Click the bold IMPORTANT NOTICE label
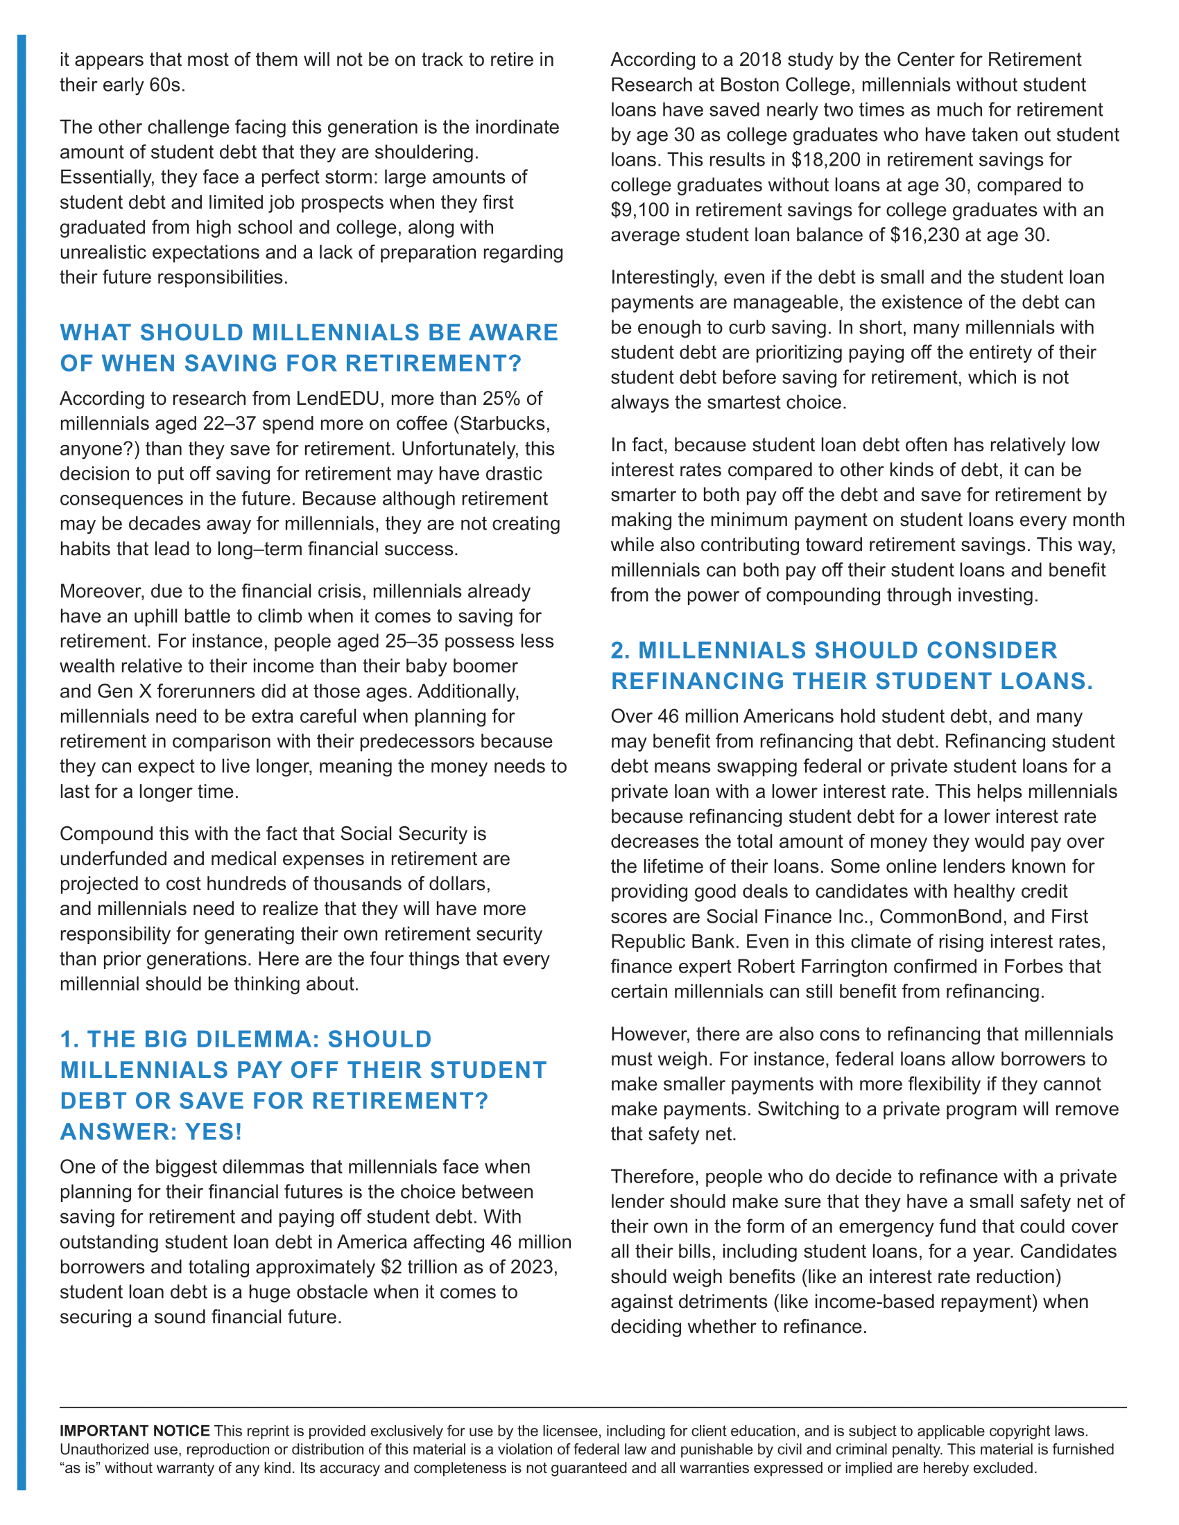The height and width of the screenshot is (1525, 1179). (135, 1431)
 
